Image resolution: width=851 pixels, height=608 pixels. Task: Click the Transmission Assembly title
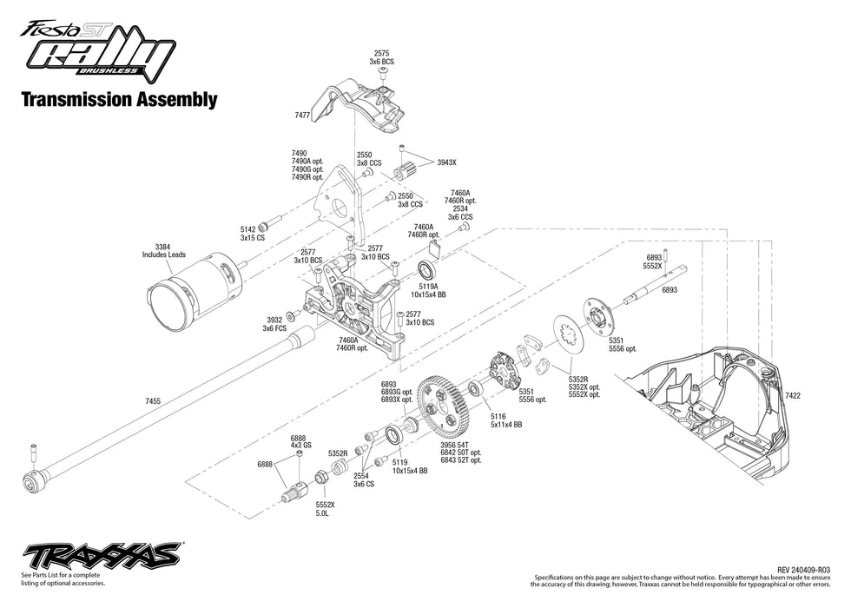(x=118, y=99)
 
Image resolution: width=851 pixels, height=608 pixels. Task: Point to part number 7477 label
(x=303, y=114)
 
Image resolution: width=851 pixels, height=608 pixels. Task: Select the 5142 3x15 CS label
(x=252, y=234)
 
